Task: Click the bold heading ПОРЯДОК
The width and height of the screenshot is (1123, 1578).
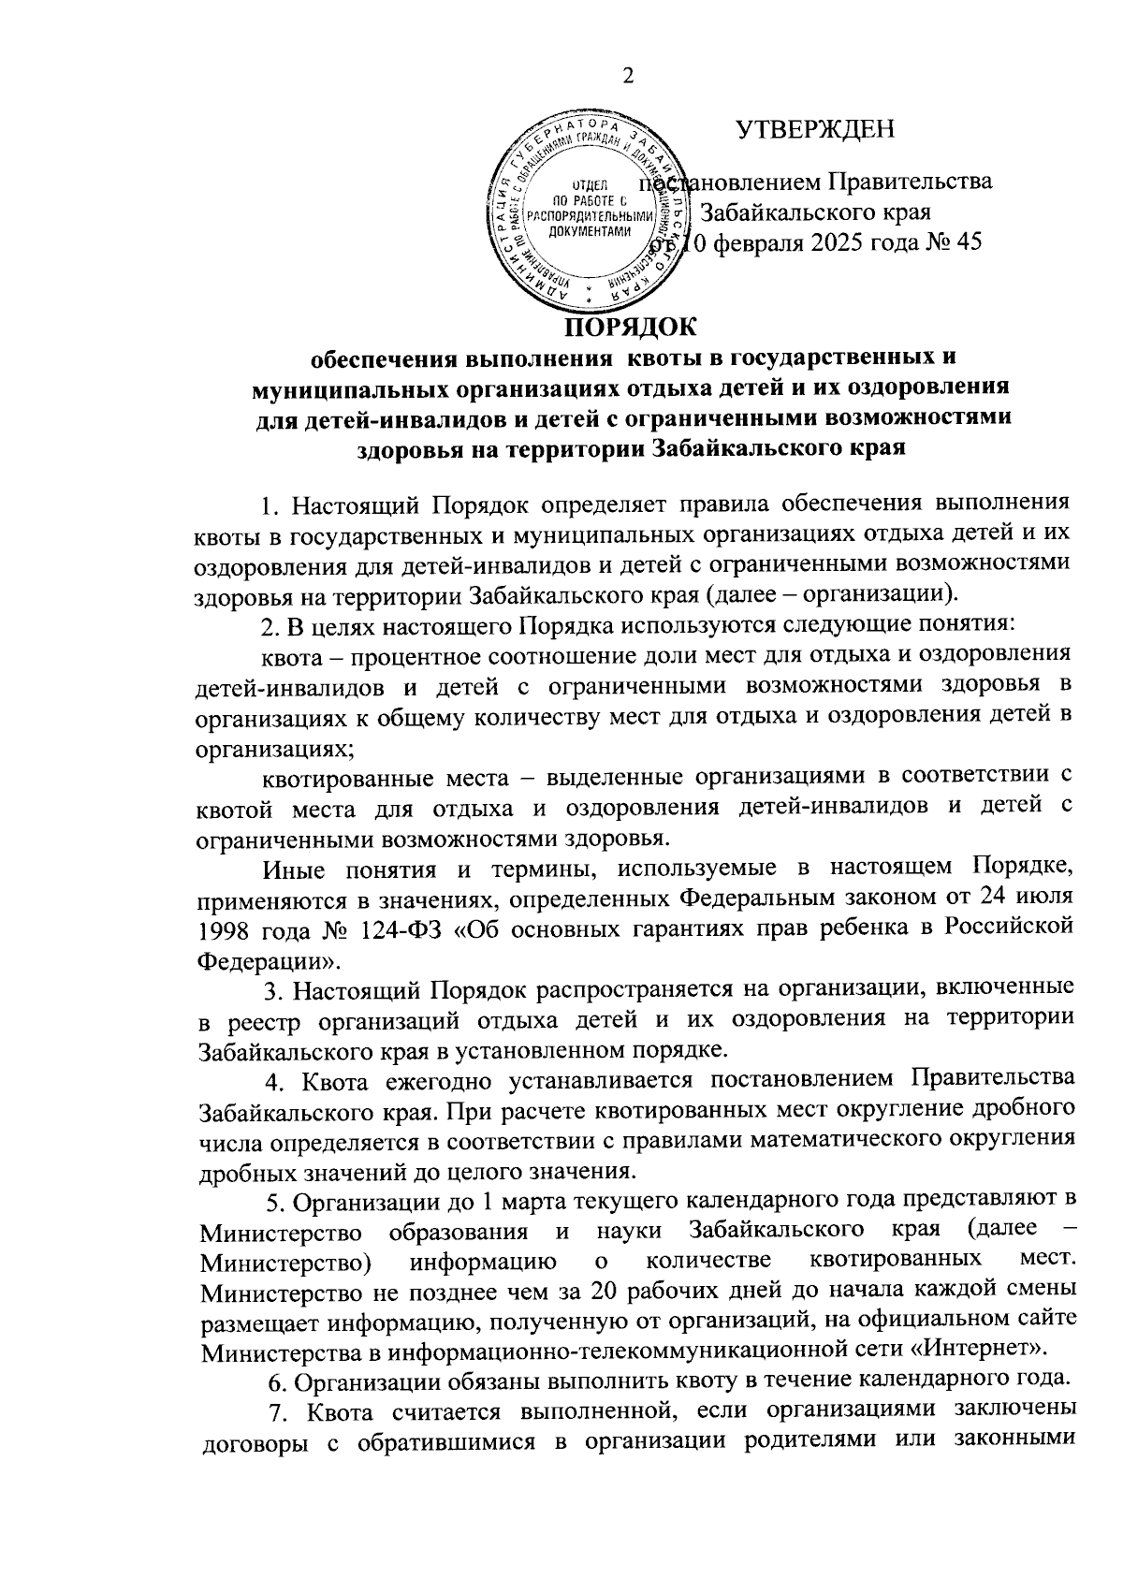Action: [x=629, y=328]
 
